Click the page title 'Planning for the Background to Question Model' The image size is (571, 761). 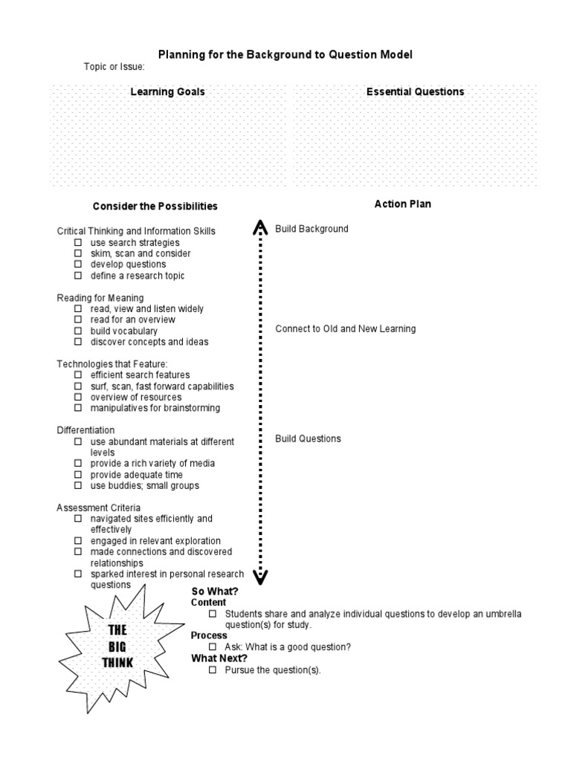[x=285, y=55]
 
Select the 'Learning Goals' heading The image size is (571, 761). [x=167, y=92]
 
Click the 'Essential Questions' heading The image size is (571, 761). [x=415, y=92]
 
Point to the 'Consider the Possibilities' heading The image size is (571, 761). [x=155, y=206]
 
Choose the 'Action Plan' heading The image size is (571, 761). [x=402, y=204]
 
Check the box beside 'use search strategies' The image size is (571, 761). [x=77, y=243]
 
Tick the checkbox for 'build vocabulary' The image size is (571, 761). [x=77, y=331]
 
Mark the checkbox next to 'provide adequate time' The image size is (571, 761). [x=77, y=475]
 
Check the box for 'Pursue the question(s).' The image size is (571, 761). [x=212, y=670]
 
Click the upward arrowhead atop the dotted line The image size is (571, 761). [x=260, y=227]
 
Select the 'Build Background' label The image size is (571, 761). [x=312, y=229]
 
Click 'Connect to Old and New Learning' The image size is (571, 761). [x=345, y=328]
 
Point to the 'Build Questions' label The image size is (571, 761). [x=308, y=438]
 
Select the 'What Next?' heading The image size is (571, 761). [x=219, y=658]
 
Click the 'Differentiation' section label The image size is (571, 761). [x=86, y=430]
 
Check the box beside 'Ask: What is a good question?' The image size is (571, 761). [x=212, y=647]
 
